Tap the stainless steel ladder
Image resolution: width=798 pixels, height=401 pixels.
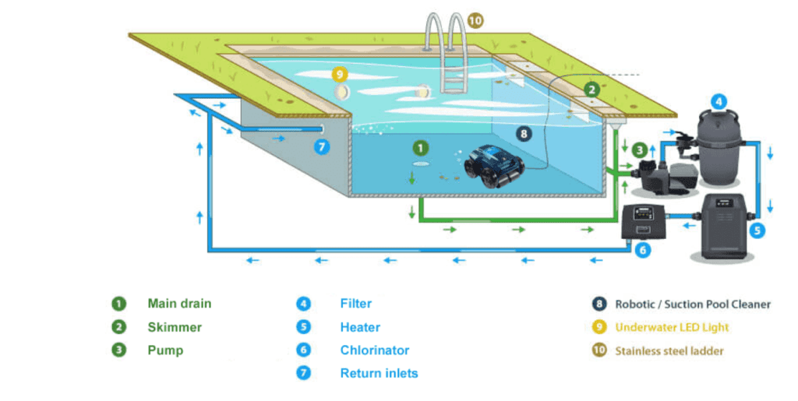pos(447,55)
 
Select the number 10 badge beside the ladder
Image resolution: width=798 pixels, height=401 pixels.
pos(475,20)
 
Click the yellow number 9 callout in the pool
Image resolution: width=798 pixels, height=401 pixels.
pos(338,75)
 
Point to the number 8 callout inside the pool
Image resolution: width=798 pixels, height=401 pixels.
pos(523,134)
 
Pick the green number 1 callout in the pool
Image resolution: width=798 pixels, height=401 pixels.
pos(420,146)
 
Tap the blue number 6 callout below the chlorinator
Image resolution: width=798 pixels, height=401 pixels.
pos(642,250)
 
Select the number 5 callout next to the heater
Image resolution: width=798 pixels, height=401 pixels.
pos(757,230)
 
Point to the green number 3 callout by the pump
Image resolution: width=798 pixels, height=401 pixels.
pos(640,149)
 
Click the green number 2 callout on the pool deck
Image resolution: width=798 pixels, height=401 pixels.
pos(591,90)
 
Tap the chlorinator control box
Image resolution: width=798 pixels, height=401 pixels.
pos(644,222)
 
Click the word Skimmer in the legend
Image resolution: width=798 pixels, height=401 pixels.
pos(175,327)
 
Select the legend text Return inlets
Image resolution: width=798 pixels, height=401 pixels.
pos(379,373)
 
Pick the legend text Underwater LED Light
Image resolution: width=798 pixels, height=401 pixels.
pos(672,327)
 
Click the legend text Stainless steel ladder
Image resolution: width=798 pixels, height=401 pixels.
pos(669,350)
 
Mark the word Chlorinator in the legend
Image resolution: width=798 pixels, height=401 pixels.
pos(374,350)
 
